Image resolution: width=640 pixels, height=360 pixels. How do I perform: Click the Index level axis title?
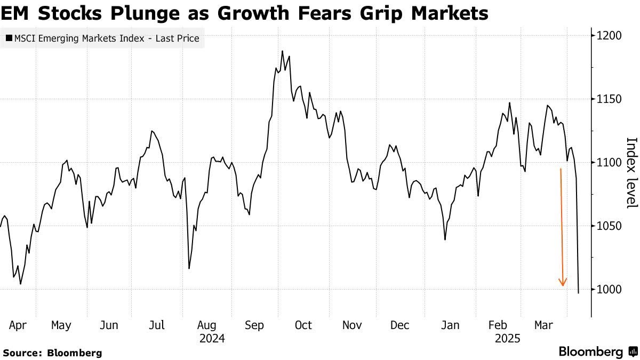point(631,172)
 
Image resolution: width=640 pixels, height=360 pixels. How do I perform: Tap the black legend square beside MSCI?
point(9,38)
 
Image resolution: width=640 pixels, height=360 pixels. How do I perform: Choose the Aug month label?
point(206,325)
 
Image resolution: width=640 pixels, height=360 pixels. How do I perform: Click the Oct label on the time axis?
point(303,325)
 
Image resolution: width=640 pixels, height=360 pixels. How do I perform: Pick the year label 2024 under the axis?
point(212,339)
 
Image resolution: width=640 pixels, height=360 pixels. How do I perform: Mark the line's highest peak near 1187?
point(282,51)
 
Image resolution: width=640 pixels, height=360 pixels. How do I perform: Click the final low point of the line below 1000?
point(579,293)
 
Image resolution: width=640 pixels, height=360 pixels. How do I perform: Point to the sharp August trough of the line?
point(189,268)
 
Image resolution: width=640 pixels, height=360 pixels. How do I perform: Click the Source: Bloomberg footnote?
point(52,353)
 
